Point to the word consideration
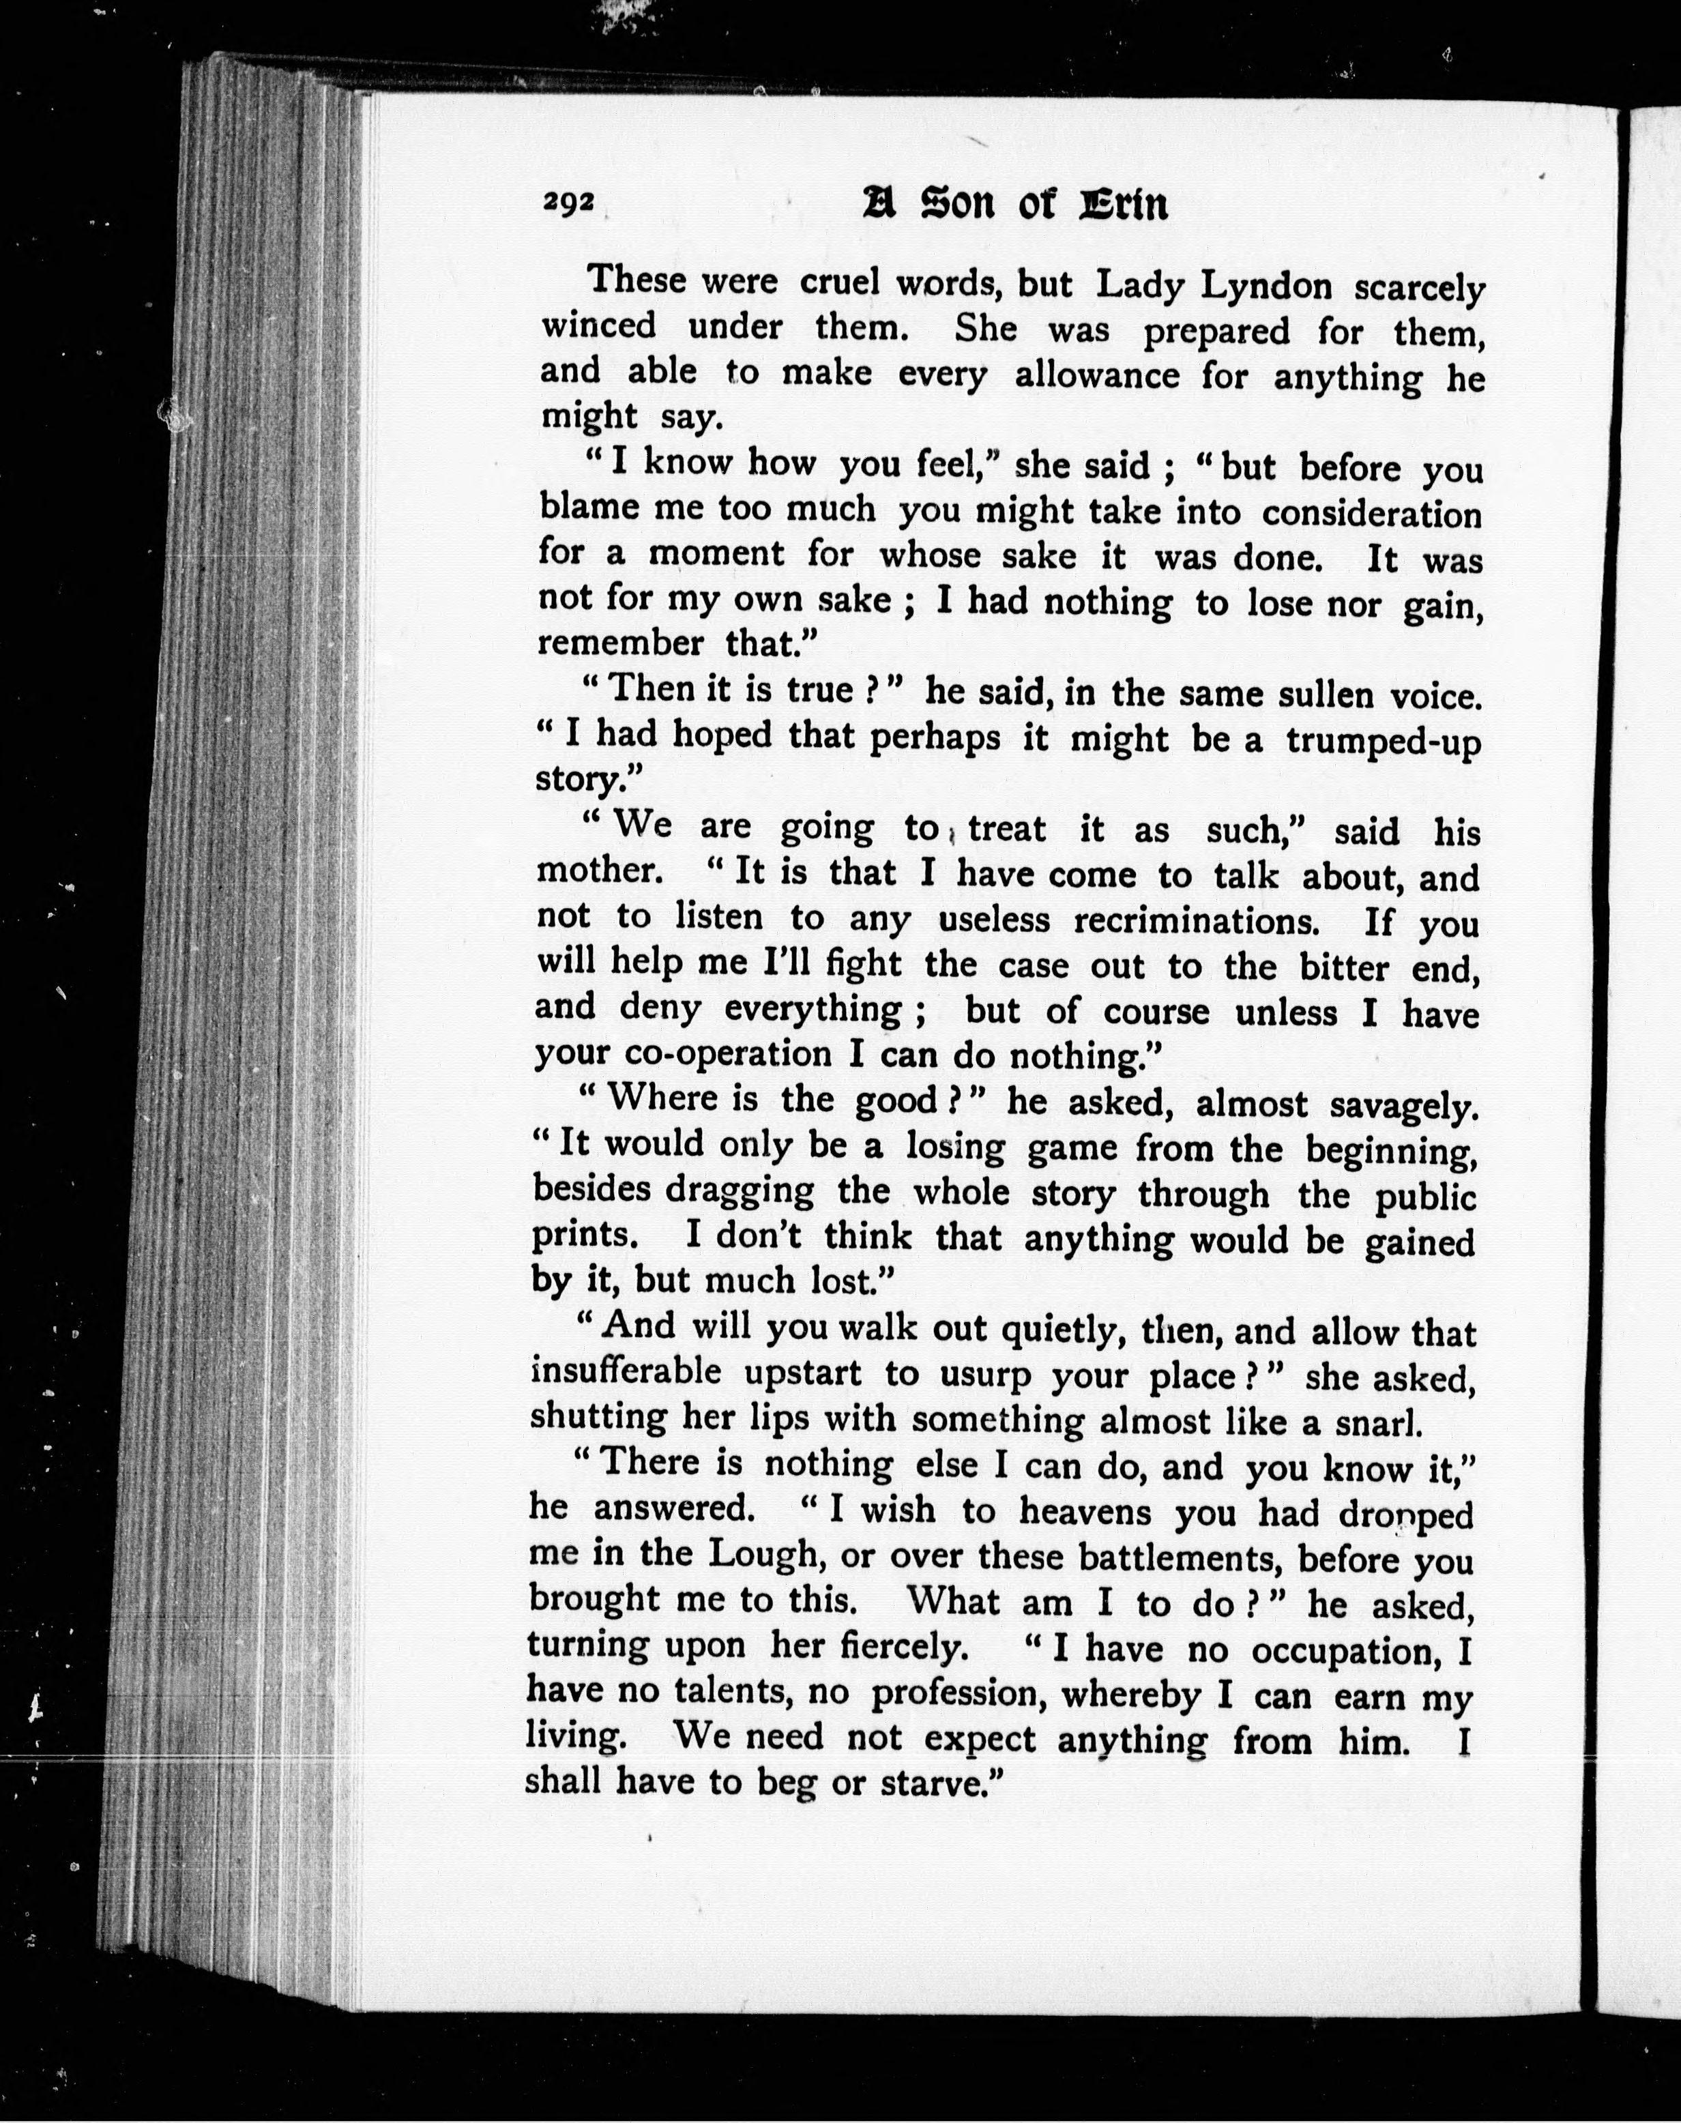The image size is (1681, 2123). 1371,513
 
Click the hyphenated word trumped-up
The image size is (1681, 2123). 1383,740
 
